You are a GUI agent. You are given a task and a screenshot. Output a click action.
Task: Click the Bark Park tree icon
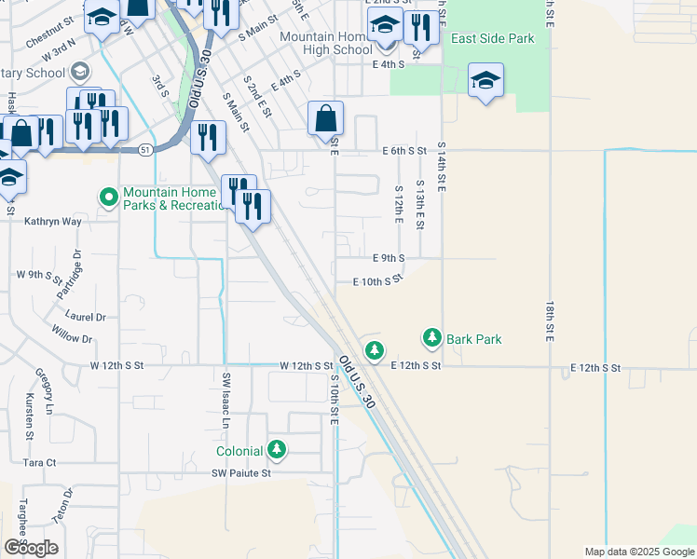click(x=431, y=336)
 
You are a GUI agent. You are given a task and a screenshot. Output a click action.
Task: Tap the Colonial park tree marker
click(x=277, y=450)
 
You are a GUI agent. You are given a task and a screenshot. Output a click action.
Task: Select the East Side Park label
click(x=493, y=39)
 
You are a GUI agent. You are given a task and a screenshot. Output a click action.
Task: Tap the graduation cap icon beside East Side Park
click(x=485, y=81)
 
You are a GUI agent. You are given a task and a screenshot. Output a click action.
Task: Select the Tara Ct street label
click(x=39, y=462)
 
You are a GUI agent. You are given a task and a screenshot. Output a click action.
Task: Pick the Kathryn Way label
click(x=53, y=222)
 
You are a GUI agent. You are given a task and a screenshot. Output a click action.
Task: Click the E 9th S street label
click(x=389, y=257)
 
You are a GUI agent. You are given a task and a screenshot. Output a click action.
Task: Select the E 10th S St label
click(x=377, y=280)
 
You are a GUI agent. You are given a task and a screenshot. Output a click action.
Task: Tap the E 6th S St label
click(x=403, y=150)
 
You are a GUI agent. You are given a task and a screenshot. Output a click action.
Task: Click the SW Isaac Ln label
click(x=225, y=401)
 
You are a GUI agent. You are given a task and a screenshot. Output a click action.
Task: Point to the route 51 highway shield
click(x=145, y=149)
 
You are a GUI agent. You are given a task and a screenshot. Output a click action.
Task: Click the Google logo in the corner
click(x=31, y=548)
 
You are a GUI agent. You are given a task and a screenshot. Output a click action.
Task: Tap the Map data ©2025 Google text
click(x=639, y=552)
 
